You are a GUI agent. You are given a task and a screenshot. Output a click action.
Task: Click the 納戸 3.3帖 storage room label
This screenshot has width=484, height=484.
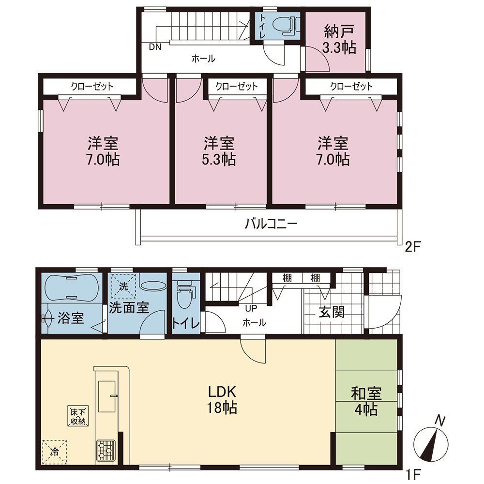(340, 40)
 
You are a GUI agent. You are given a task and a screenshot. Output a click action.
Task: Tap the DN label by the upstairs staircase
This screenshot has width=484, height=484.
(155, 47)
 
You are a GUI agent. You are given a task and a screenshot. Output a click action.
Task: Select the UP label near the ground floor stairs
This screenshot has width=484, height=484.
(251, 308)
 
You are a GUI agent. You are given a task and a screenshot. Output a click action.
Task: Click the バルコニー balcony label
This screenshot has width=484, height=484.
(272, 223)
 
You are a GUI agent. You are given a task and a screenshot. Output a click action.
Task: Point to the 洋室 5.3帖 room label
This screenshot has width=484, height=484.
(219, 151)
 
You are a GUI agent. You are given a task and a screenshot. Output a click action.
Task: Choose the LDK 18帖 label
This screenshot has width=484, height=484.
(222, 400)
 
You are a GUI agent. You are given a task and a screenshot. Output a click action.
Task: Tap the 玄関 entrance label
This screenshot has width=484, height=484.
(332, 312)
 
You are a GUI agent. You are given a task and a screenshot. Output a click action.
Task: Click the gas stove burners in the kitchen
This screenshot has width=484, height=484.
(106, 450)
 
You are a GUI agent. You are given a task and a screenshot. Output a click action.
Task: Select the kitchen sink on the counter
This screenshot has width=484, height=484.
(107, 396)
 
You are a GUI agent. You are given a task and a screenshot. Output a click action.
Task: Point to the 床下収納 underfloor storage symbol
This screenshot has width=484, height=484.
(78, 416)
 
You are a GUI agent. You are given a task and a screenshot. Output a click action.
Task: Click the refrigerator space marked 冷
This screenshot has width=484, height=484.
(54, 452)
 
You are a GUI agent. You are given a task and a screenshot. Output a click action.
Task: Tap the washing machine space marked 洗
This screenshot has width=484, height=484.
(123, 286)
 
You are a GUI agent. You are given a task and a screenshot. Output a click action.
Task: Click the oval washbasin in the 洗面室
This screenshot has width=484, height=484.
(153, 285)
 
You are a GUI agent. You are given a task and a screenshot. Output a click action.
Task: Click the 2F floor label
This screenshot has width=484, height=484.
(413, 247)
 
